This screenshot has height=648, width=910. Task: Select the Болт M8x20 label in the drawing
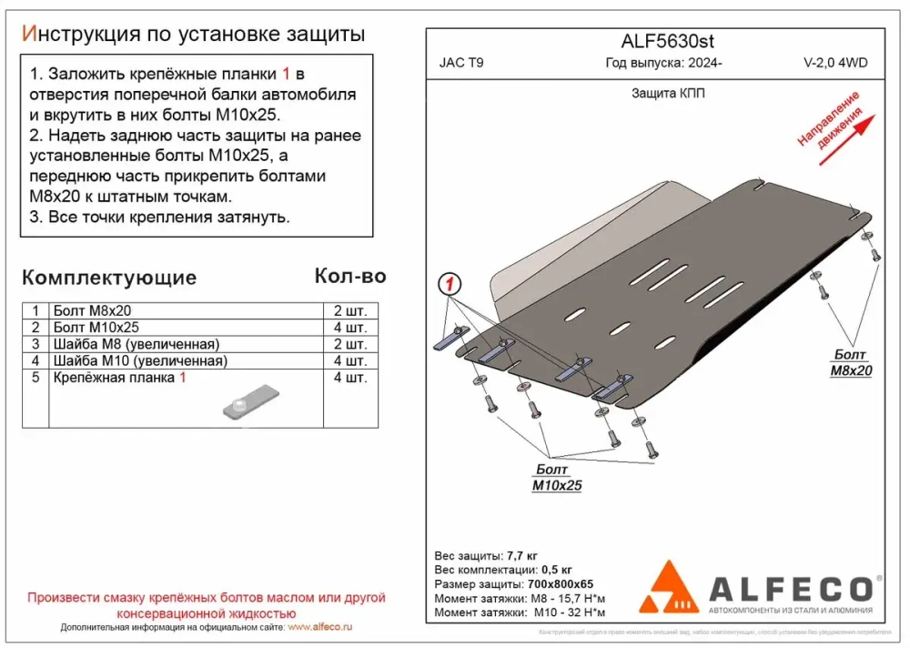(850, 362)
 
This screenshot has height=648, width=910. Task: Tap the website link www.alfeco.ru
(319, 628)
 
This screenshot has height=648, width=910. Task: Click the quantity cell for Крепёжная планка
(351, 377)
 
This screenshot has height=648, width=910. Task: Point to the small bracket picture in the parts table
(249, 401)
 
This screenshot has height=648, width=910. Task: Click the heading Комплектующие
(108, 278)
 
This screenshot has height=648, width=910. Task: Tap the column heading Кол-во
(349, 276)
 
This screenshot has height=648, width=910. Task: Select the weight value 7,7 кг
(520, 555)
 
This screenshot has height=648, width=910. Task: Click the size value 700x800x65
(561, 583)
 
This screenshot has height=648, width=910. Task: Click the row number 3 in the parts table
(35, 343)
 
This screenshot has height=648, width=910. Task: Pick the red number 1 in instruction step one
(287, 73)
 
